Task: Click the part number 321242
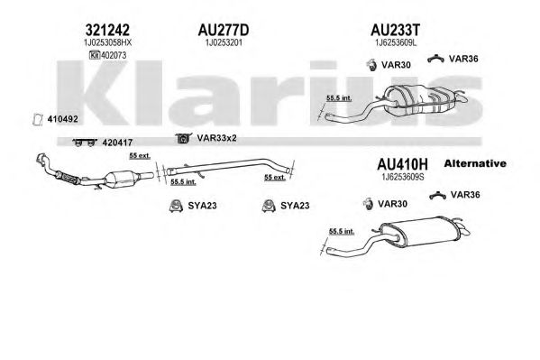(x=107, y=31)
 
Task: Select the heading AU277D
(x=224, y=31)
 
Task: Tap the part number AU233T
(x=396, y=31)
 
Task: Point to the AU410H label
(x=402, y=164)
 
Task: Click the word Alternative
(x=475, y=163)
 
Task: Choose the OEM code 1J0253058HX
(x=107, y=42)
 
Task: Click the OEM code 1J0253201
(x=224, y=42)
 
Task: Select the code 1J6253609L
(x=396, y=42)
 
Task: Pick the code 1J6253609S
(x=403, y=177)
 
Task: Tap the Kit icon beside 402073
(x=95, y=55)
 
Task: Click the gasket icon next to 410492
(x=38, y=119)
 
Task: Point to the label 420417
(x=117, y=143)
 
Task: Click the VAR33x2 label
(x=216, y=138)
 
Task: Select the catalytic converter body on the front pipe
(x=122, y=180)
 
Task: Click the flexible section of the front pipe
(x=67, y=177)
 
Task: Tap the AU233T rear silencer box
(x=420, y=99)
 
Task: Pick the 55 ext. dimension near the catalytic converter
(x=140, y=156)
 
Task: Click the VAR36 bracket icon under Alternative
(x=438, y=196)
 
